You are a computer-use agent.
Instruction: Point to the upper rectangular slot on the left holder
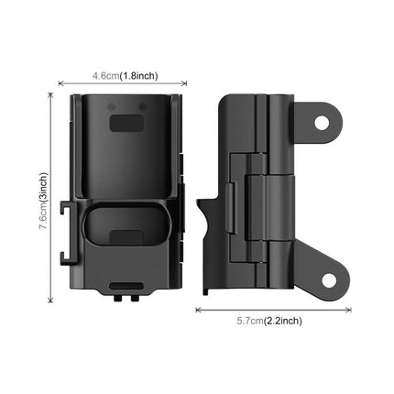(127, 122)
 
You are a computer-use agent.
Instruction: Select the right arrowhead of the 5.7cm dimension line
(349, 310)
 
